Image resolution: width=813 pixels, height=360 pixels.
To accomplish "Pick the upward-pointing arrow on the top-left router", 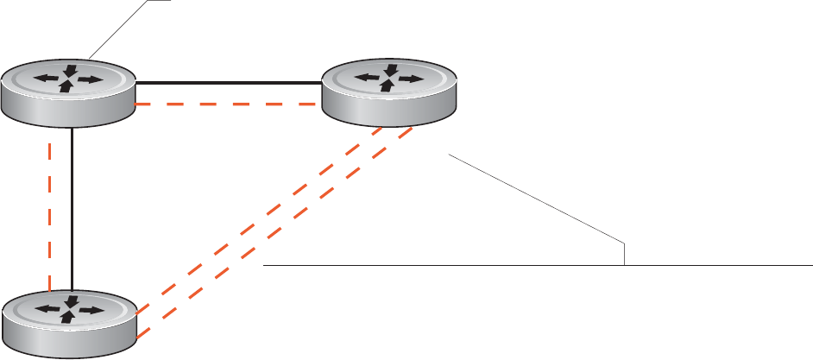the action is pyautogui.click(x=65, y=88).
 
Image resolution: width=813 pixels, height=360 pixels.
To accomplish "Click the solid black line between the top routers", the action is pyautogui.click(x=229, y=83).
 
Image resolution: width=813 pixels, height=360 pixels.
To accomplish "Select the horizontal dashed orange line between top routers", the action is pyautogui.click(x=229, y=104).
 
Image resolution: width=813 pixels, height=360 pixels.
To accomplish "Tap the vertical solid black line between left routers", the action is pyautogui.click(x=72, y=207).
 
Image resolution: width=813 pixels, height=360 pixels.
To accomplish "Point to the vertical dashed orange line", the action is pyautogui.click(x=50, y=207).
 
